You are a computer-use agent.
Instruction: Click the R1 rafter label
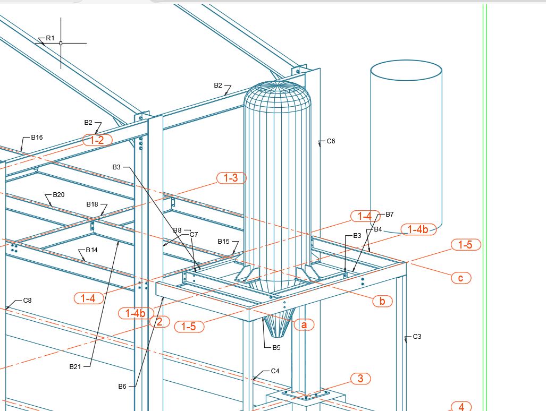(x=50, y=38)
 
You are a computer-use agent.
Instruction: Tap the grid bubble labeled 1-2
(x=97, y=140)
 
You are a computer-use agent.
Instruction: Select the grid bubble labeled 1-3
(x=231, y=178)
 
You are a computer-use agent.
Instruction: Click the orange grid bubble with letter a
(x=304, y=324)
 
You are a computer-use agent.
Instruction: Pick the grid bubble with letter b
(x=382, y=301)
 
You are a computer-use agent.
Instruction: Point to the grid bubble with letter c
(x=461, y=278)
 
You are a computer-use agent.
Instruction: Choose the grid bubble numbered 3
(x=360, y=378)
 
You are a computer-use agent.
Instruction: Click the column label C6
(x=331, y=141)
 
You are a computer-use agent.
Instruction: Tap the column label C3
(x=417, y=336)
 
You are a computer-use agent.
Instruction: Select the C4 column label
(x=275, y=371)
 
